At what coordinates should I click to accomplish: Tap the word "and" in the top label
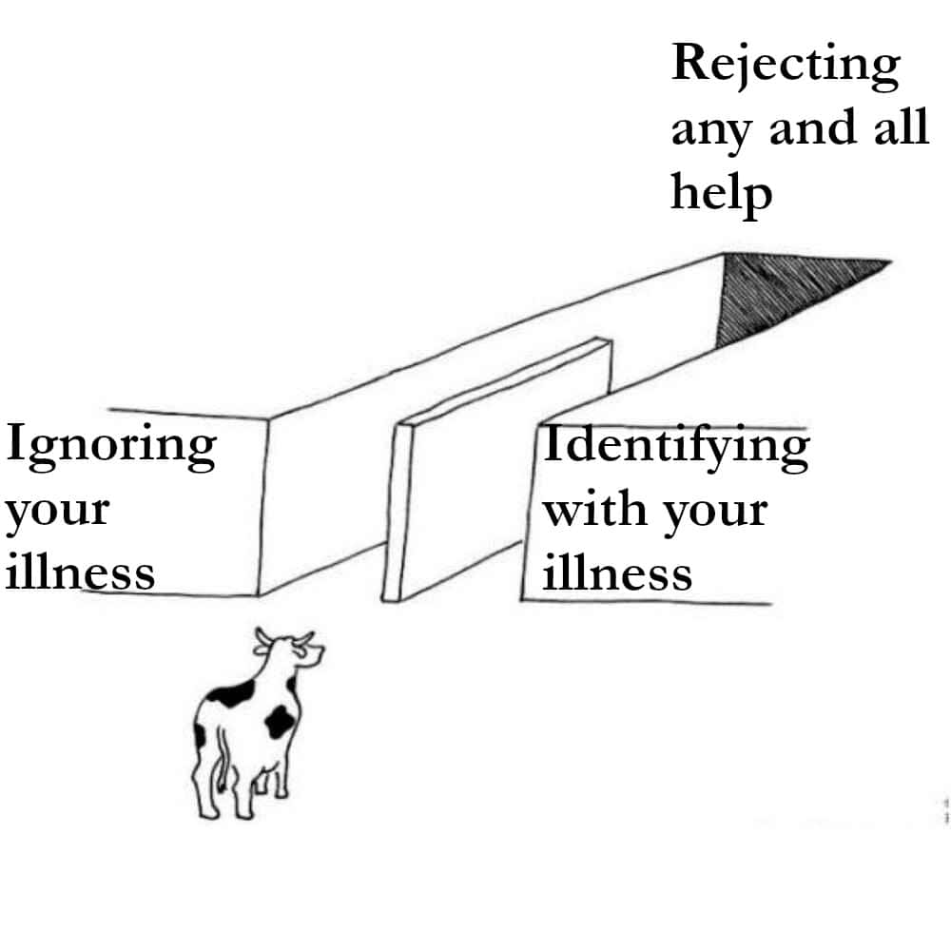point(809,128)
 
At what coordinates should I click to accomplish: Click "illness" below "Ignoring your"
point(80,573)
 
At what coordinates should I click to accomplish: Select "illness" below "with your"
point(617,573)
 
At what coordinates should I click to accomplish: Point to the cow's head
point(291,654)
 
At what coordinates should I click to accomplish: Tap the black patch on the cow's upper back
point(231,693)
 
